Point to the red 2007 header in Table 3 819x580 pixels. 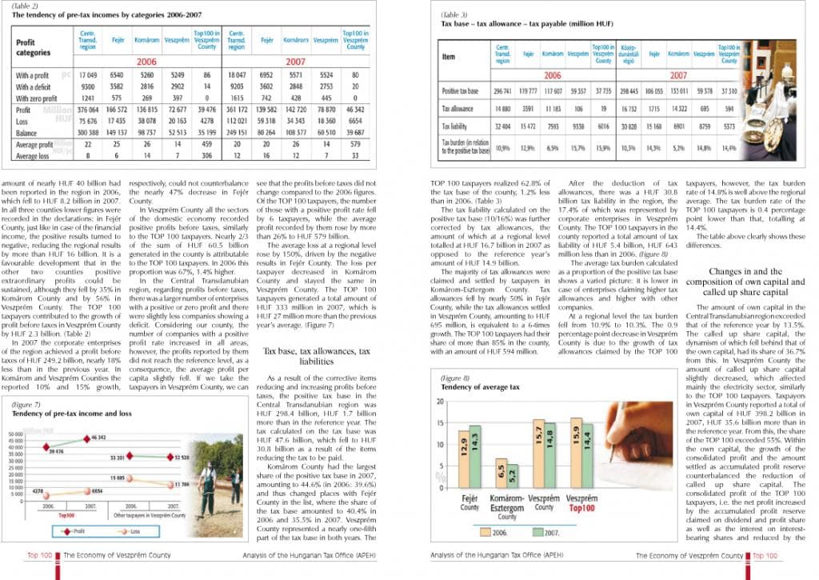[678, 75]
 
